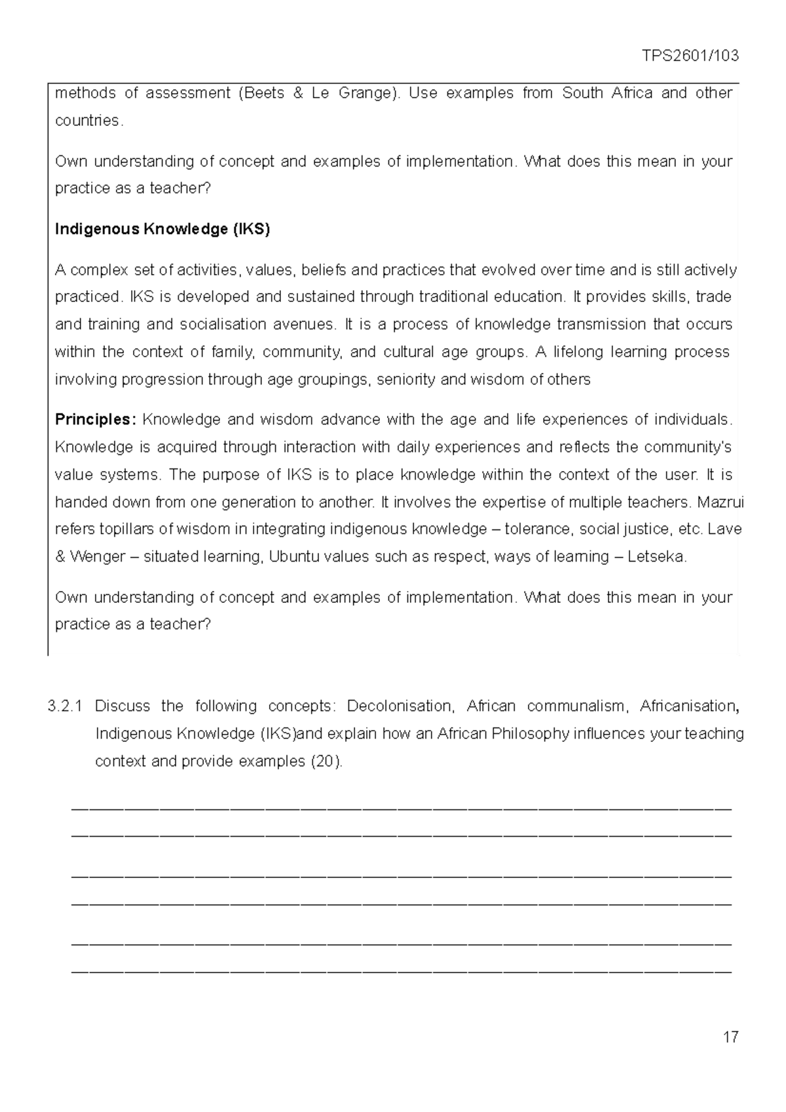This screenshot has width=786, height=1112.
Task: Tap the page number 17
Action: tap(730, 1037)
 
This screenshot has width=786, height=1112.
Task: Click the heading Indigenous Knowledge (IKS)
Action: tap(162, 229)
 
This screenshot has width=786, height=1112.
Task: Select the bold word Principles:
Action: tap(96, 419)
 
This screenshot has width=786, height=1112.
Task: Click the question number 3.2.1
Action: tap(65, 706)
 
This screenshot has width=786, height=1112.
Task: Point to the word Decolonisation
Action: tap(400, 706)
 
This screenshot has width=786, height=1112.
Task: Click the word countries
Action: tap(87, 121)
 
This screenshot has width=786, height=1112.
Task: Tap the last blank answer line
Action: tap(400, 970)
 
